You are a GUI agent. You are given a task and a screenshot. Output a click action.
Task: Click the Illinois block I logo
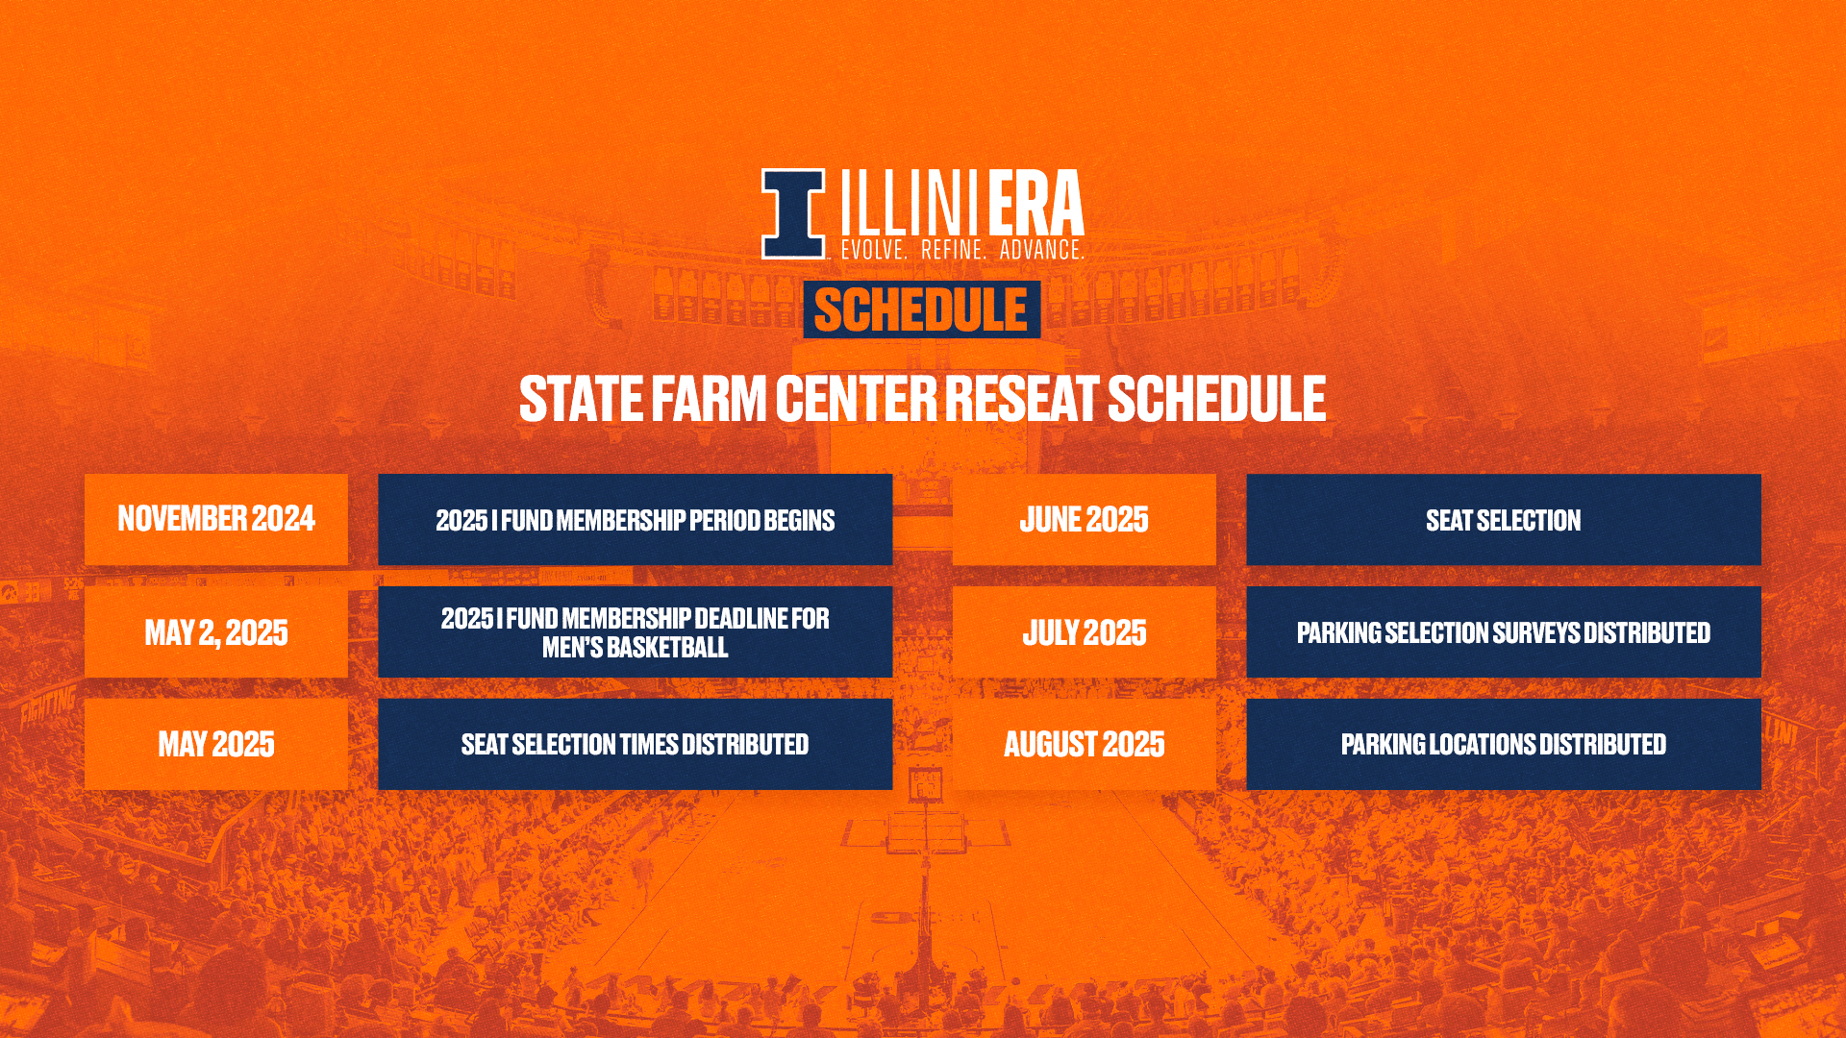point(793,214)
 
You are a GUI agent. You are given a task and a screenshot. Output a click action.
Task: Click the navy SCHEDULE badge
point(921,309)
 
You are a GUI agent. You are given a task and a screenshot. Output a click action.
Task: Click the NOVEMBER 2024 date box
point(216,519)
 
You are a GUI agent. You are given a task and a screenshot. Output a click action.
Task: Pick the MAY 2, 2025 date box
point(216,632)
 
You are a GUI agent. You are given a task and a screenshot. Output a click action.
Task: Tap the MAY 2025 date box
point(216,744)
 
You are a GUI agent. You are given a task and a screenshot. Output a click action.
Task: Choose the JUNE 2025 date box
point(1085,519)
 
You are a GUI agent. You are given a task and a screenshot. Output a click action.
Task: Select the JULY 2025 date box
point(1085,632)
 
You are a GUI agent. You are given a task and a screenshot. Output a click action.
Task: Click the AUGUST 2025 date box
point(1085,744)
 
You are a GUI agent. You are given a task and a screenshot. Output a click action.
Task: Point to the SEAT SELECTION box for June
point(1504,519)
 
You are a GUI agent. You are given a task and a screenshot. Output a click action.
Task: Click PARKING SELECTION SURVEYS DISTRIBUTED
point(1504,632)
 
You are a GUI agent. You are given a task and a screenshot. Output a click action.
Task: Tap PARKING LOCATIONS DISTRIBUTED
point(1504,744)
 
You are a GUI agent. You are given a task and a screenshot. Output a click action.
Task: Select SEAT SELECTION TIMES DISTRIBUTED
point(635,744)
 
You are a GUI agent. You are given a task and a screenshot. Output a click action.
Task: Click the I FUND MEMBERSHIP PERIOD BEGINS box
point(635,519)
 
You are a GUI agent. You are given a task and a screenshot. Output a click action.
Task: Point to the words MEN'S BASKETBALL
point(635,648)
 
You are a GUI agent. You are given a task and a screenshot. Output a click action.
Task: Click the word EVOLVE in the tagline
point(874,250)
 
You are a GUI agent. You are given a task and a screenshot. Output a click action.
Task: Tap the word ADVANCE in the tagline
point(1041,250)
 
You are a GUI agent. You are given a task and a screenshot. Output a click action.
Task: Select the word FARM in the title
point(709,399)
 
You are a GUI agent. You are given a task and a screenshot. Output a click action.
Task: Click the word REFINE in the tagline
point(953,250)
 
